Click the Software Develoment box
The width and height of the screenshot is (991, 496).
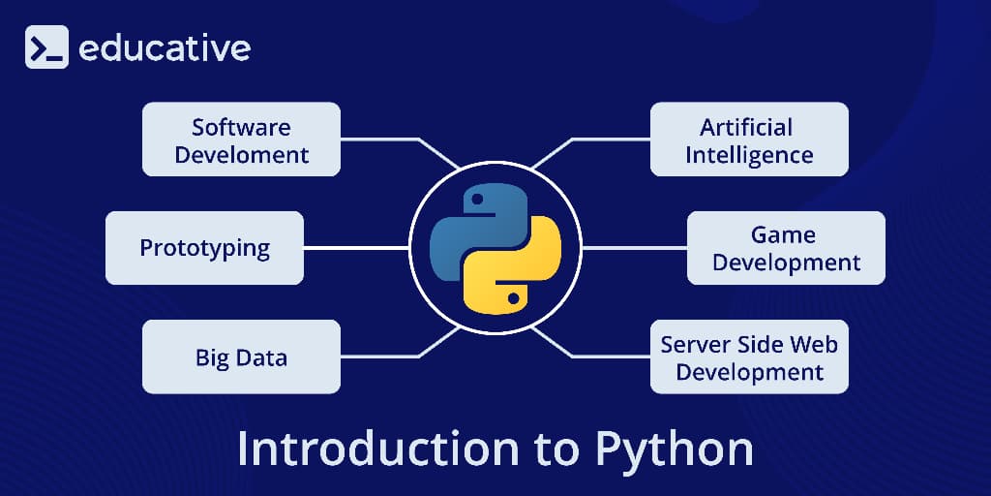(241, 139)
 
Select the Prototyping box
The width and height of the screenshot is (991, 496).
(204, 248)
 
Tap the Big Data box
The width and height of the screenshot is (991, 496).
(241, 357)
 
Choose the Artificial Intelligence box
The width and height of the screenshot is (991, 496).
(749, 139)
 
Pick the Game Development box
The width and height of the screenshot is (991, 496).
(786, 248)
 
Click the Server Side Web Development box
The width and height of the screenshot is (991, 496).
(749, 357)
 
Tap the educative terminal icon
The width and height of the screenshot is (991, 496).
(46, 47)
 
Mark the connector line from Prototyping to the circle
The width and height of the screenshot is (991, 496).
(356, 248)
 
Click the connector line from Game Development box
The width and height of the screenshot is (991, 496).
(634, 248)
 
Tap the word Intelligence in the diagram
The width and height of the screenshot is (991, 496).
(749, 154)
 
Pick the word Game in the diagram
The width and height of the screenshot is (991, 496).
(783, 234)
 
